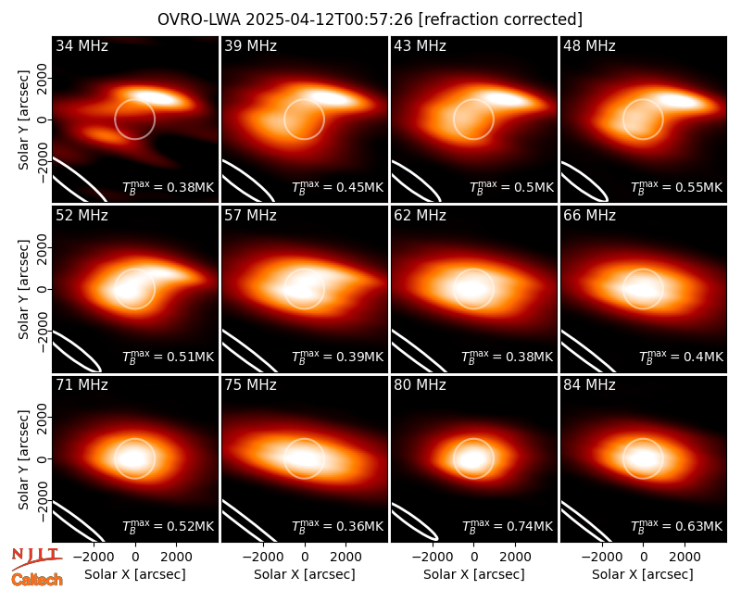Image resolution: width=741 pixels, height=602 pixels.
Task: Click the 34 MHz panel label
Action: (82, 45)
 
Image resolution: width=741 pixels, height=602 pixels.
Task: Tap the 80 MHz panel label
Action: (421, 385)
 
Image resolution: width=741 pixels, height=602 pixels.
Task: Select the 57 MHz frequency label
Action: (250, 216)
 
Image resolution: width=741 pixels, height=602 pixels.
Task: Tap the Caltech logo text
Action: (37, 580)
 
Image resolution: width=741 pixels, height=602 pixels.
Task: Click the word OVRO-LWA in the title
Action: (199, 19)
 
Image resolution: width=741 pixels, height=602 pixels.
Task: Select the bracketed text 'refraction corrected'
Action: (500, 19)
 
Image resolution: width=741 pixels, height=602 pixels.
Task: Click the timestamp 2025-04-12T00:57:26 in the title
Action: (329, 19)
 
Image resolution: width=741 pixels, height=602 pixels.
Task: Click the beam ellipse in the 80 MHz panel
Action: (415, 521)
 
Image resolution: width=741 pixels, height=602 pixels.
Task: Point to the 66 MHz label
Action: (589, 216)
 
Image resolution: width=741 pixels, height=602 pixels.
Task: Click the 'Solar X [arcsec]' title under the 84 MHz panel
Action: (643, 574)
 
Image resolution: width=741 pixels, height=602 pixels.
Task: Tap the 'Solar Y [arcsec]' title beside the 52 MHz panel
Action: (23, 289)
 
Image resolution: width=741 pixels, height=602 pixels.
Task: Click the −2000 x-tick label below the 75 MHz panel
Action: (263, 557)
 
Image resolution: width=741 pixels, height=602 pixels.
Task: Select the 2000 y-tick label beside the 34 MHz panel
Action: (43, 78)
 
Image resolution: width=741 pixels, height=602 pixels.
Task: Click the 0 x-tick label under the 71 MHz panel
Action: (135, 557)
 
